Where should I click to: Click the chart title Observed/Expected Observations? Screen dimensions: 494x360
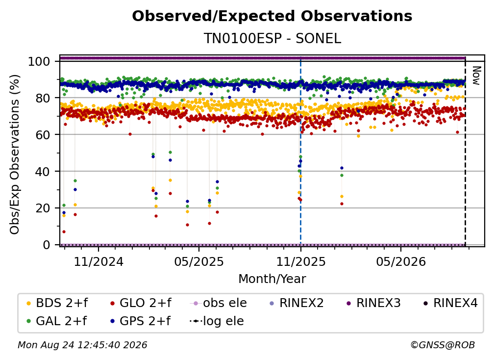point(272,16)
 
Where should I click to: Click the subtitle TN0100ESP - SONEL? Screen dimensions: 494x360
point(272,38)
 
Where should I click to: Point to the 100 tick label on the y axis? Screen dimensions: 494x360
point(39,61)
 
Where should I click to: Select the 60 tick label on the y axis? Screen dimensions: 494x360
point(43,135)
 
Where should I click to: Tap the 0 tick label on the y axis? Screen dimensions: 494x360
point(47,245)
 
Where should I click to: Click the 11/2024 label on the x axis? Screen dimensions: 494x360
point(99,261)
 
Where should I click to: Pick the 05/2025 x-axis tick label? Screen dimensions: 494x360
point(199,261)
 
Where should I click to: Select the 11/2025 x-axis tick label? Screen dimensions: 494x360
point(300,261)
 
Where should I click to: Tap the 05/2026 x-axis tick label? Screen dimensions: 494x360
point(401,261)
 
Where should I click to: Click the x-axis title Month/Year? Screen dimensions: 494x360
point(272,279)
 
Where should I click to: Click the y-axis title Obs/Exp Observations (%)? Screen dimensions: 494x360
point(15,154)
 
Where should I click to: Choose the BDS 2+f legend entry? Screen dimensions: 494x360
point(57,303)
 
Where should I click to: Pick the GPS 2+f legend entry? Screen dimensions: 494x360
point(140,321)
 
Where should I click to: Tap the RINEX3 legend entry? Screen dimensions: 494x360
point(373,303)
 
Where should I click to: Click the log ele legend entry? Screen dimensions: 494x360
point(217,321)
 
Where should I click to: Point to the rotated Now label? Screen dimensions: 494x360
point(476,76)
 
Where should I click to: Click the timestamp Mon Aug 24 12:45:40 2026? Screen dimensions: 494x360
point(82,345)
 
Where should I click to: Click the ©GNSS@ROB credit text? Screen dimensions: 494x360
point(443,345)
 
